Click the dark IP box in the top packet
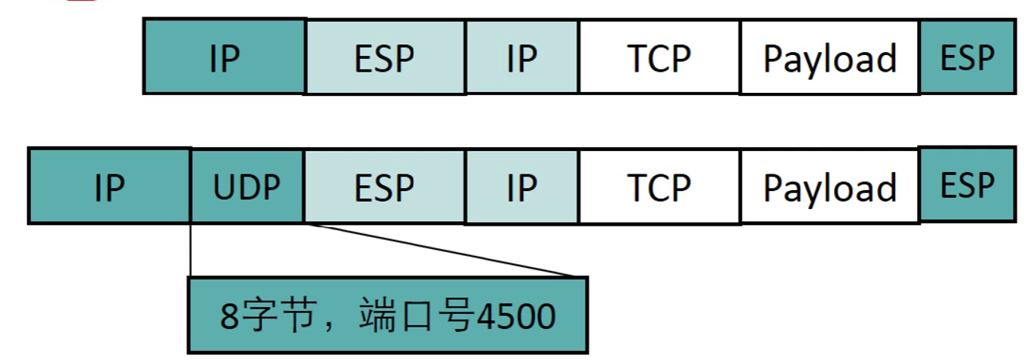pos(224,57)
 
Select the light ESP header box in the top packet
pos(385,57)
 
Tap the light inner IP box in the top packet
pos(522,57)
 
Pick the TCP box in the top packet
pos(659,57)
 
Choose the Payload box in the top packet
pos(830,57)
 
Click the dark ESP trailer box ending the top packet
pos(967,57)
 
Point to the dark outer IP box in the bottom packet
pos(109,186)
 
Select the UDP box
pos(247,186)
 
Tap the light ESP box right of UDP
pos(385,186)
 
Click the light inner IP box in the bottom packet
pos(522,186)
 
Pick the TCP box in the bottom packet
pos(659,186)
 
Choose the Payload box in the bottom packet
pos(830,186)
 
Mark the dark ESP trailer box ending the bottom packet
pos(967,185)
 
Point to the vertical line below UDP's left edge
pos(190,250)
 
